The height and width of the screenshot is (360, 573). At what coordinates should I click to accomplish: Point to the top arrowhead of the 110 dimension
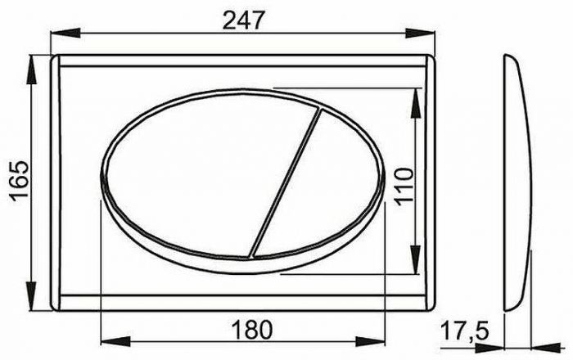click(418, 91)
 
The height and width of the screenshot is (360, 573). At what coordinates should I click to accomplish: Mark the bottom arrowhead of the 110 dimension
click(418, 266)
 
